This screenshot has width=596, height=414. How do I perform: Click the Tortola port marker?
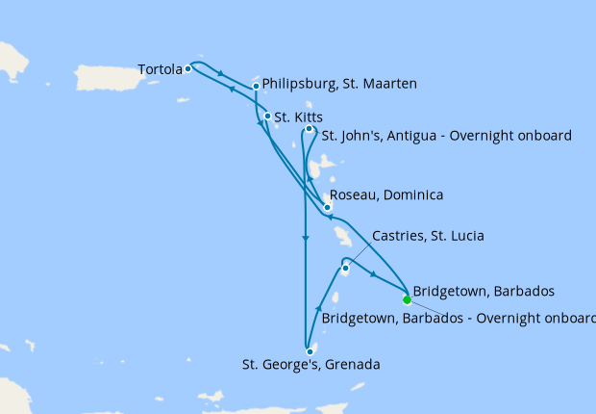point(188,68)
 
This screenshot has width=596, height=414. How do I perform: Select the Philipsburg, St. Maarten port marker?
point(256,86)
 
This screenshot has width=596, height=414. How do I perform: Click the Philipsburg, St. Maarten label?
point(339,85)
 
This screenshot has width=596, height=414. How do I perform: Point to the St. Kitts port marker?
point(267,117)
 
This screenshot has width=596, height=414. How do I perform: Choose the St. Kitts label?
point(298,117)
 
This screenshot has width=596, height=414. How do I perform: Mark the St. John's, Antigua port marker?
point(309,129)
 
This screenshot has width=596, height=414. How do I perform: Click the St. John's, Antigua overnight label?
point(446,135)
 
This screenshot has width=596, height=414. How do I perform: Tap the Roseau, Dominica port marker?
point(328,206)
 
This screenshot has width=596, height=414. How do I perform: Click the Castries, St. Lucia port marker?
point(344,268)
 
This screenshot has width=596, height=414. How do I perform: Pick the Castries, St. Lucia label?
point(428,236)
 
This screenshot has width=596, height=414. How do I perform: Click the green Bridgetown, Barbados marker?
point(407,298)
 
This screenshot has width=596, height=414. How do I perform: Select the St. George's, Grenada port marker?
point(310,351)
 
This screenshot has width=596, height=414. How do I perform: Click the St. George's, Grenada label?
point(310,365)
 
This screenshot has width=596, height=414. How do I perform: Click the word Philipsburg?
point(299,85)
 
